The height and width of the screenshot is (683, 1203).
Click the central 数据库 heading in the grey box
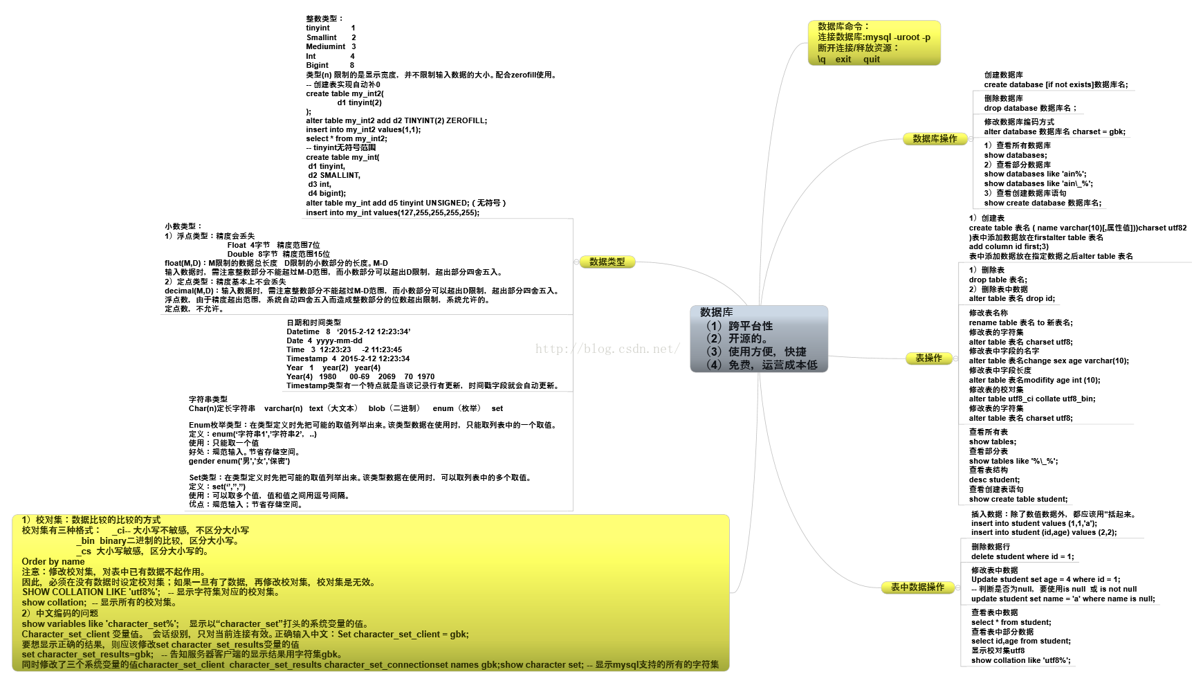(x=716, y=313)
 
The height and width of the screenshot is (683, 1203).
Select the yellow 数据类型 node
(x=607, y=262)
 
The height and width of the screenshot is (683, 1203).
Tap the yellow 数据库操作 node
(x=935, y=138)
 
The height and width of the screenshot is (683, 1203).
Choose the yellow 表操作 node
(x=928, y=358)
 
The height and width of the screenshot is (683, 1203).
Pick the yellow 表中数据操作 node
(x=917, y=587)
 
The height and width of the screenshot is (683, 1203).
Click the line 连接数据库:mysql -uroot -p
(x=874, y=37)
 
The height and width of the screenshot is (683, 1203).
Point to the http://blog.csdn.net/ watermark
(x=607, y=349)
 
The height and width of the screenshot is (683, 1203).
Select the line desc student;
(x=994, y=480)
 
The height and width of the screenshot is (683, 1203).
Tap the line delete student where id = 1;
(x=1022, y=556)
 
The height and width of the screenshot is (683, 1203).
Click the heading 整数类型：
(x=324, y=19)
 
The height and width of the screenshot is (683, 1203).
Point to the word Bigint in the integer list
(x=318, y=65)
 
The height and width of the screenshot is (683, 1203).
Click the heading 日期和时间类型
(x=313, y=322)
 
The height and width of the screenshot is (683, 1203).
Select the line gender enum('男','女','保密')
(x=239, y=461)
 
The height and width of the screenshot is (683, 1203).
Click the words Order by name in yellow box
(x=53, y=561)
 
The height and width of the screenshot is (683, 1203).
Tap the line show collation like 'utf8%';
(x=1020, y=660)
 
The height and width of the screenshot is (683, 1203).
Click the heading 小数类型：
(x=183, y=226)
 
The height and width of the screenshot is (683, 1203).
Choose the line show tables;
(x=992, y=441)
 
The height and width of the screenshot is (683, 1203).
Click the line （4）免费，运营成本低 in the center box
(x=761, y=365)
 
